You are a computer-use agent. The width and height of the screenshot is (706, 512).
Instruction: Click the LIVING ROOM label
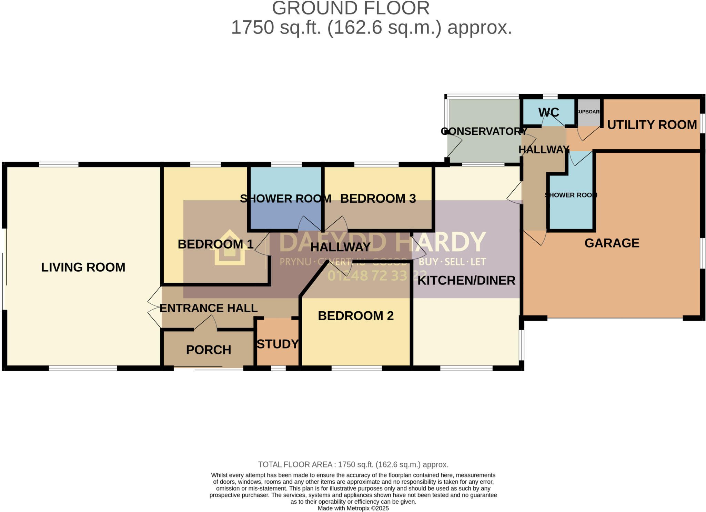pos(83,267)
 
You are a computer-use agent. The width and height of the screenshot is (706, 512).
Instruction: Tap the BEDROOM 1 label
pos(215,244)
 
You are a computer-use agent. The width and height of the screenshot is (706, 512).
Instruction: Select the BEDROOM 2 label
pos(355,315)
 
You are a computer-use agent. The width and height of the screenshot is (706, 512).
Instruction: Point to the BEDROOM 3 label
pos(378,198)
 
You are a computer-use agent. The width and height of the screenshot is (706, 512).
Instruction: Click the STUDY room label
pos(278,344)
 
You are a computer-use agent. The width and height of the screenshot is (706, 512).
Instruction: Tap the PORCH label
pos(209,350)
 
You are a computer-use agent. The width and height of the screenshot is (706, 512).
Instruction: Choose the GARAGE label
pos(612,243)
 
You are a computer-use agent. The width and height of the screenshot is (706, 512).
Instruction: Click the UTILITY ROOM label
pos(652,124)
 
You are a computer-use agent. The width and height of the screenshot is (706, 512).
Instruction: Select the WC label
pos(548,112)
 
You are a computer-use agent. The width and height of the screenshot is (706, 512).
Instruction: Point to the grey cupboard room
pos(589,112)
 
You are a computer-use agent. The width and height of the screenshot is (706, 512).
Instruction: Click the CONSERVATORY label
pos(484,131)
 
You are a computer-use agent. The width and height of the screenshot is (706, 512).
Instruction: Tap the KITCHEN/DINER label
pos(466,280)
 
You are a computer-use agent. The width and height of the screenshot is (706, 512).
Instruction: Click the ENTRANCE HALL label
pos(209,308)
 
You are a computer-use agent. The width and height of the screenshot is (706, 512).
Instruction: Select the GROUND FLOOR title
pos(351,8)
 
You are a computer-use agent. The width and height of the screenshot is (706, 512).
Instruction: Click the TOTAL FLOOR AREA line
pos(353,464)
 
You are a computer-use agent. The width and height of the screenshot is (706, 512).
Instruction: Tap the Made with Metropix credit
pos(353,508)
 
